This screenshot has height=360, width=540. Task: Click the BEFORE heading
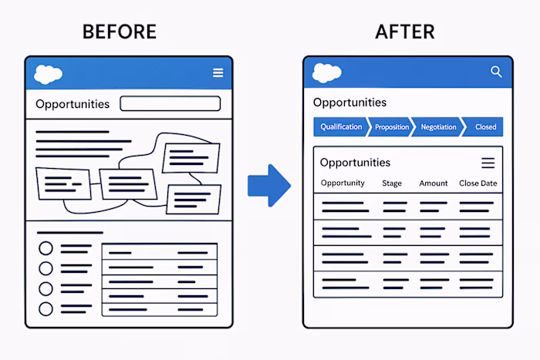[x=119, y=32]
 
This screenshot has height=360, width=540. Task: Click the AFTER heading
[x=405, y=32]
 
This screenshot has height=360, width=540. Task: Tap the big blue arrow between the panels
[x=268, y=185]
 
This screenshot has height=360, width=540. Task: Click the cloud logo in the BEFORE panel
[x=49, y=74]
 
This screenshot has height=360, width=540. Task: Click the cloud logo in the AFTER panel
[x=327, y=72]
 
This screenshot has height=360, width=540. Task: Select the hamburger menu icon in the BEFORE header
[x=218, y=73]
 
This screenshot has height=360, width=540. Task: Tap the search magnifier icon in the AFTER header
[x=496, y=72]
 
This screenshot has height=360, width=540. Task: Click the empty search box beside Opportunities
[x=170, y=103]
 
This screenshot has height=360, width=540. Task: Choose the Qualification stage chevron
[x=340, y=126]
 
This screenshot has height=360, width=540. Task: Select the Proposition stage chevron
[x=391, y=126]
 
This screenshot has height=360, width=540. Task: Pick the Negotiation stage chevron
[x=437, y=126]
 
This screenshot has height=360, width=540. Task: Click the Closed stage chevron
[x=484, y=126]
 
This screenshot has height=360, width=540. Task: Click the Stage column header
[x=392, y=183]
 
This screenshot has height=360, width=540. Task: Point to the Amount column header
[x=434, y=183]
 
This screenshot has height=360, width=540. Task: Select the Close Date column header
[x=478, y=183]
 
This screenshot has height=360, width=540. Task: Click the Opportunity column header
[x=343, y=183]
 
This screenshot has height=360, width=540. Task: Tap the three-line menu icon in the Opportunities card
[x=488, y=163]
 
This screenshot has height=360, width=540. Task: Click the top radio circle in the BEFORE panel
[x=46, y=248]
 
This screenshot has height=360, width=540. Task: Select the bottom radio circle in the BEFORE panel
[x=46, y=308]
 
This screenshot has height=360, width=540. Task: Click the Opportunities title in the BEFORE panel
[x=73, y=104]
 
